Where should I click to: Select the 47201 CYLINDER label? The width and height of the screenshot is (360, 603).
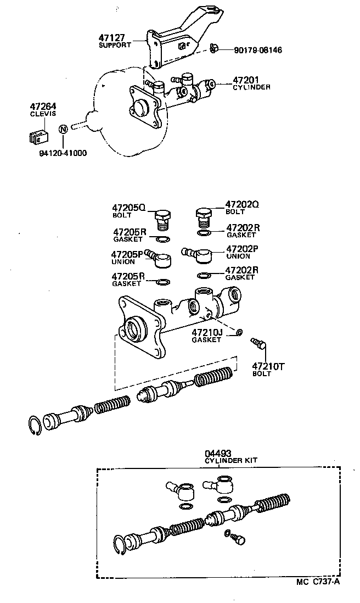coord(251,83)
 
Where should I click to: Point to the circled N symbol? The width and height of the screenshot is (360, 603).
coord(63,129)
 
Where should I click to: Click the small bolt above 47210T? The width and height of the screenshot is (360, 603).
coord(258,344)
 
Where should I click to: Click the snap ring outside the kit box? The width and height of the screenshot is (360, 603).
coord(35,426)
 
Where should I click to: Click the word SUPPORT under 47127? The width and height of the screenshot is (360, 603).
coord(115,45)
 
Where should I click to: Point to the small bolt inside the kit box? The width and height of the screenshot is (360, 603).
coord(237,539)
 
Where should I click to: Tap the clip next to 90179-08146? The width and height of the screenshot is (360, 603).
coord(214,49)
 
